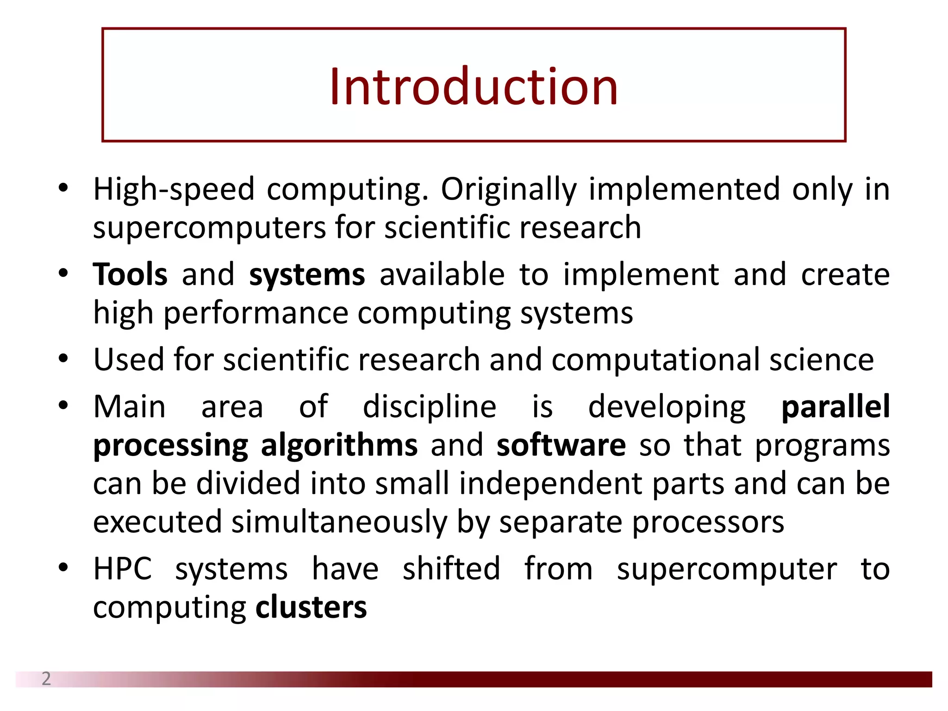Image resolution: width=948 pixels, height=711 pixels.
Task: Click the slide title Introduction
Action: click(x=474, y=86)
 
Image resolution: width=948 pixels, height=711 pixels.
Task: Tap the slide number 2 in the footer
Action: click(x=46, y=679)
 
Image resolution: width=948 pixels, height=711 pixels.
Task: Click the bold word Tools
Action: click(x=130, y=274)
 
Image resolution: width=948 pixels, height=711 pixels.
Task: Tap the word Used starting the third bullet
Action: click(x=128, y=360)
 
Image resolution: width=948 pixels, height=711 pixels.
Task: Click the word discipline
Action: click(x=429, y=407)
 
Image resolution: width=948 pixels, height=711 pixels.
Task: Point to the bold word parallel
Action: click(x=836, y=407)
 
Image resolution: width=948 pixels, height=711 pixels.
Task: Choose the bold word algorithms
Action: click(x=339, y=445)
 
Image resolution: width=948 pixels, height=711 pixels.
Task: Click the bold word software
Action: click(x=561, y=445)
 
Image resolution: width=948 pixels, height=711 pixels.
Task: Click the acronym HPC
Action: click(x=123, y=569)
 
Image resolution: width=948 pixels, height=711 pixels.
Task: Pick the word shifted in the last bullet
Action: click(x=451, y=569)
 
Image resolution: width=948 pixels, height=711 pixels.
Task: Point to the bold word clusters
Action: click(x=311, y=607)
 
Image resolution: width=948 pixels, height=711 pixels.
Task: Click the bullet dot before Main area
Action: click(x=63, y=406)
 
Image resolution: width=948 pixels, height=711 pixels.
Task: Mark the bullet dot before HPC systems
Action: click(x=63, y=568)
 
